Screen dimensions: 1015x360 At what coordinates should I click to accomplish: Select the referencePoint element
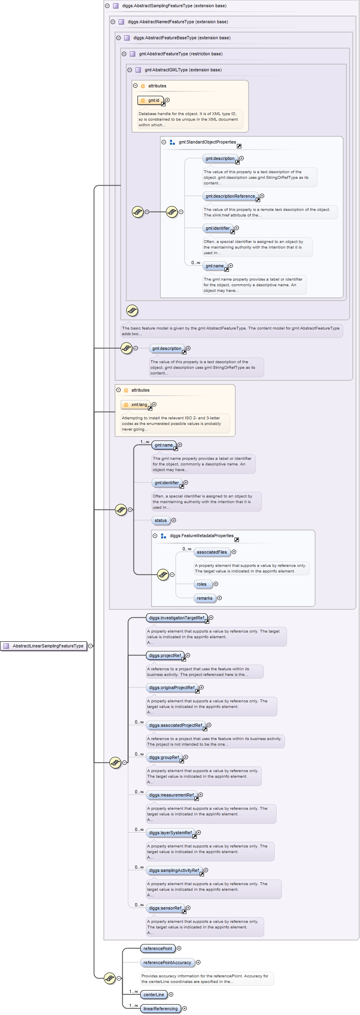pyautogui.click(x=158, y=948)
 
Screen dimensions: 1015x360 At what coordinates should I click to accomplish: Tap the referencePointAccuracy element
pyautogui.click(x=167, y=962)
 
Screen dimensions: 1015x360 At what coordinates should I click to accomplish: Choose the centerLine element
pyautogui.click(x=154, y=995)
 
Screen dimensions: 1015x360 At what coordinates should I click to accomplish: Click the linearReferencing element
pyautogui.click(x=160, y=1009)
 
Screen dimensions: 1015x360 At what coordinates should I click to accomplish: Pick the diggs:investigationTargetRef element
pyautogui.click(x=176, y=618)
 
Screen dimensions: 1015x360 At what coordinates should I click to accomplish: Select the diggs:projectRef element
pyautogui.click(x=165, y=655)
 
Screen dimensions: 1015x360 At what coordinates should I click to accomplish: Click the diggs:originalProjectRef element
pyautogui.click(x=172, y=687)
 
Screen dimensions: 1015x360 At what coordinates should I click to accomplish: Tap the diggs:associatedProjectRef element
pyautogui.click(x=176, y=725)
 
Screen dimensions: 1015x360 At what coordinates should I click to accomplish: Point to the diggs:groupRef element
pyautogui.click(x=164, y=757)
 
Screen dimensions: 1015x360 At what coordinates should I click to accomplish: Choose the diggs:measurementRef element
pyautogui.click(x=171, y=795)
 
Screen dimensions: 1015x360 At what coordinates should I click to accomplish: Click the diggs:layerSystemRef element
pyautogui.click(x=170, y=833)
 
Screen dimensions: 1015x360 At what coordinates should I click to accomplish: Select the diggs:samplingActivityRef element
pyautogui.click(x=174, y=870)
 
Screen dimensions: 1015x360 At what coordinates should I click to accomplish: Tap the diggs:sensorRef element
pyautogui.click(x=165, y=908)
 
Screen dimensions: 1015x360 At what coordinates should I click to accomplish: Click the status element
pyautogui.click(x=160, y=520)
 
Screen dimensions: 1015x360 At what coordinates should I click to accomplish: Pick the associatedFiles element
pyautogui.click(x=212, y=552)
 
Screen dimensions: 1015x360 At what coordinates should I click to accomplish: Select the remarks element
pyautogui.click(x=204, y=598)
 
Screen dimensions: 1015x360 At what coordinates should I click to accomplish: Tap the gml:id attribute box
pyautogui.click(x=151, y=100)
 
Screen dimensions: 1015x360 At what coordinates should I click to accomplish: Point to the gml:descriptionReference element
pyautogui.click(x=230, y=196)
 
